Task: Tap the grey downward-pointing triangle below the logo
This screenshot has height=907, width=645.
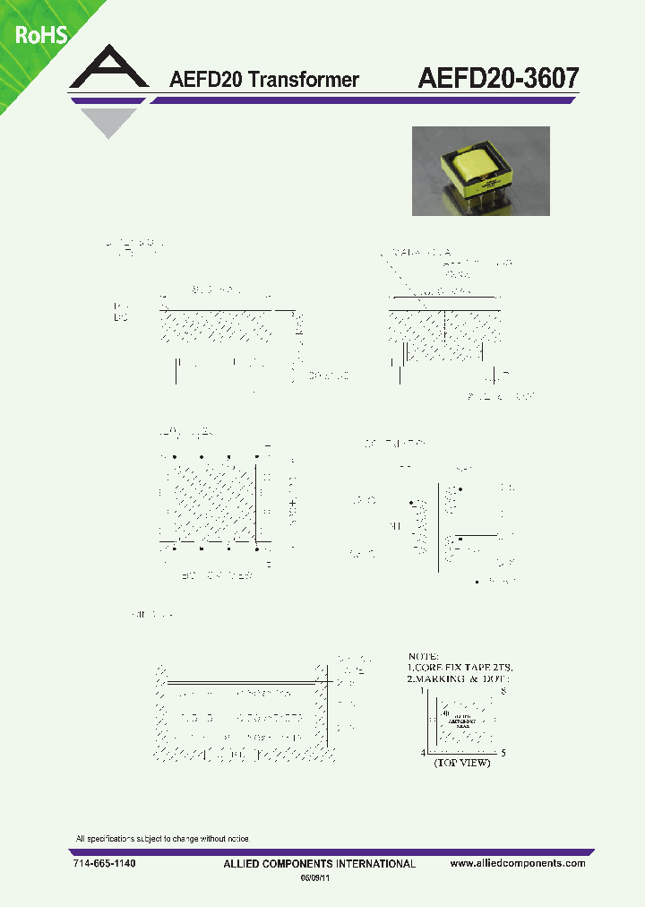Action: pyautogui.click(x=110, y=122)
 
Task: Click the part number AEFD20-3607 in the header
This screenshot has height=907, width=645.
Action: pyautogui.click(x=498, y=78)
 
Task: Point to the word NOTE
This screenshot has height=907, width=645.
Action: pyautogui.click(x=426, y=655)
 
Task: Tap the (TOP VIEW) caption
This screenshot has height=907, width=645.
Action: pyautogui.click(x=461, y=763)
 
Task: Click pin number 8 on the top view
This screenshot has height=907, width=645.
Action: pyautogui.click(x=504, y=691)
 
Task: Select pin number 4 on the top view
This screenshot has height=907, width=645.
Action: pyautogui.click(x=423, y=753)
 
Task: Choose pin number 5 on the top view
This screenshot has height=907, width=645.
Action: pyautogui.click(x=503, y=753)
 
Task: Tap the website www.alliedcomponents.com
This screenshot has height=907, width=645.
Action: pyautogui.click(x=518, y=863)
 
